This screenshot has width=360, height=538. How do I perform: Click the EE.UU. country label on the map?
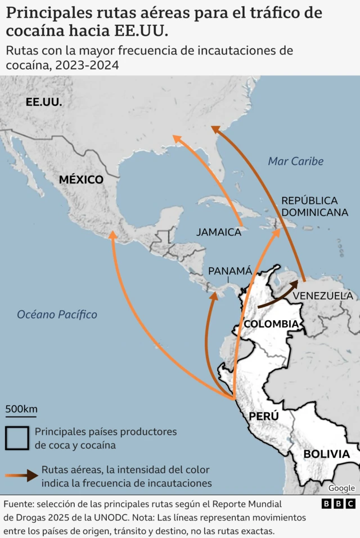tap(44, 102)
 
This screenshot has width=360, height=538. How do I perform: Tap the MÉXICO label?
tap(81, 180)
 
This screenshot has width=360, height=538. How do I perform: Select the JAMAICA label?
tap(218, 232)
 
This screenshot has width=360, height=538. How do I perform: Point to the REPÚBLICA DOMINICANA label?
tap(314, 207)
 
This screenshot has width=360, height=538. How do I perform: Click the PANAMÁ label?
tap(230, 271)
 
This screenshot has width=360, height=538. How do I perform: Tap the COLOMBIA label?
tap(271, 324)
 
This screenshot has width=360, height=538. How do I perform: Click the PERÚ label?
tap(264, 416)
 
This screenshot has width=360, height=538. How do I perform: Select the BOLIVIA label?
tap(326, 454)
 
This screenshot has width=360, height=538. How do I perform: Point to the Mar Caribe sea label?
tap(295, 162)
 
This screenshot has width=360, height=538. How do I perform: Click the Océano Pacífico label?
tap(57, 315)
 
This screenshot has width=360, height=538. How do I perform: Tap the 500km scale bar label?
tap(21, 409)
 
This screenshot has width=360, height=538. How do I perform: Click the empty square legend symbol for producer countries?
tap(17, 438)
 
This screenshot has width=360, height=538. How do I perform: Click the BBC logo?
tap(338, 504)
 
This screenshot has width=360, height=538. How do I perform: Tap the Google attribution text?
tap(341, 488)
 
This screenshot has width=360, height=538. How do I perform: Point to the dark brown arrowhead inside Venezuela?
tap(294, 285)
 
